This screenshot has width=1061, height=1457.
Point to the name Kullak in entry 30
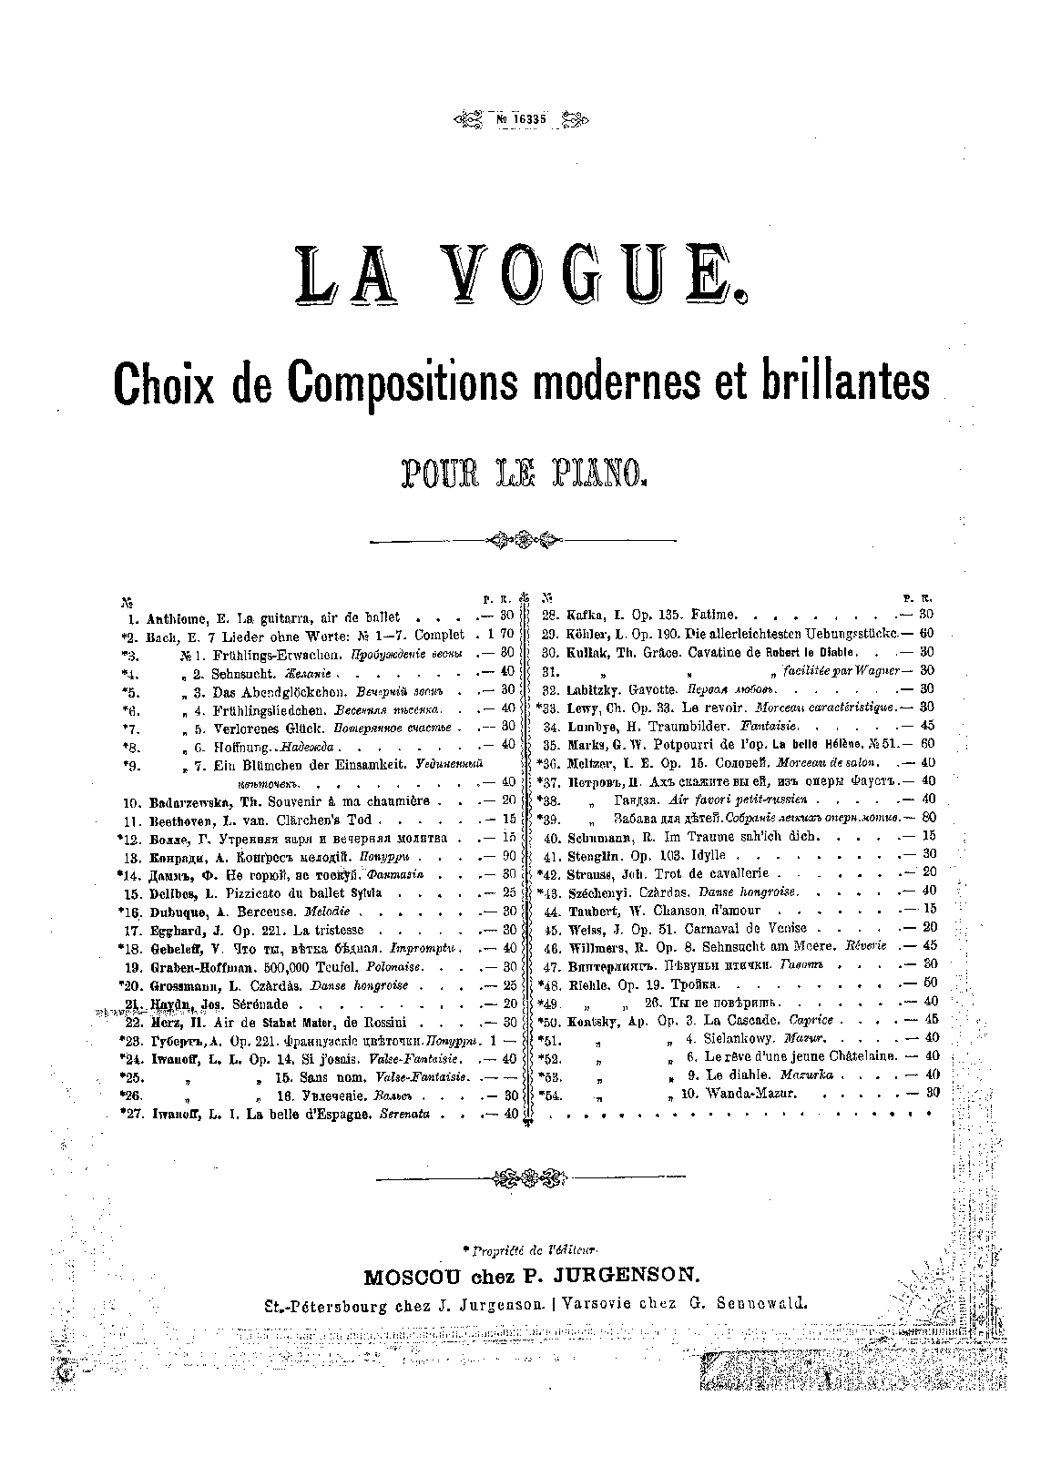[587, 652]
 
